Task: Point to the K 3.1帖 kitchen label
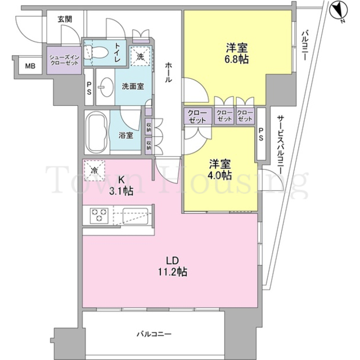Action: click(121, 186)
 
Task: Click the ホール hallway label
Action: click(169, 73)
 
